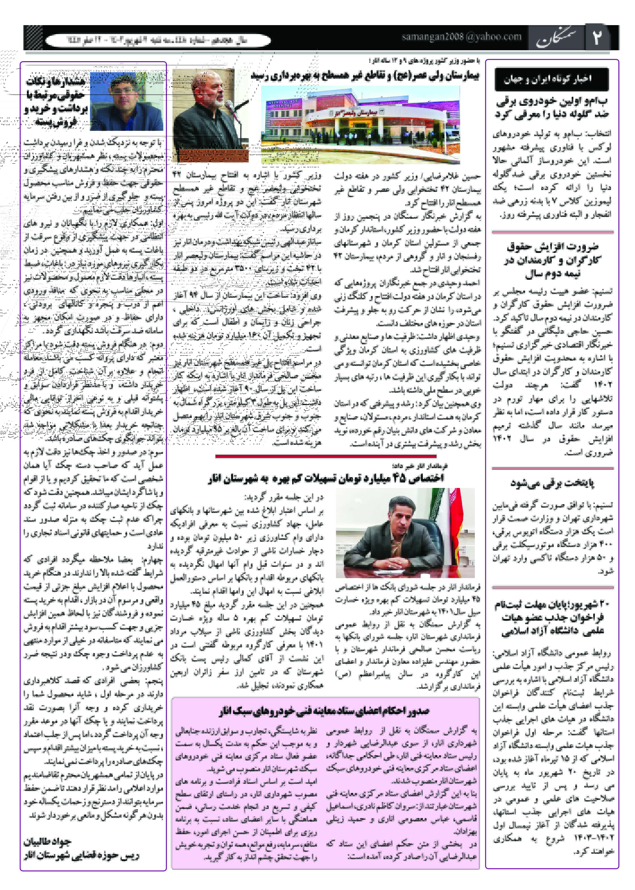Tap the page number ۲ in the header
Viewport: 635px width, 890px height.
(x=597, y=37)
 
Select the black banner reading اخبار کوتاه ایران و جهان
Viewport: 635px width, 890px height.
(x=551, y=79)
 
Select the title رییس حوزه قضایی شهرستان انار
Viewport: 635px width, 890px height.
(x=81, y=855)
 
